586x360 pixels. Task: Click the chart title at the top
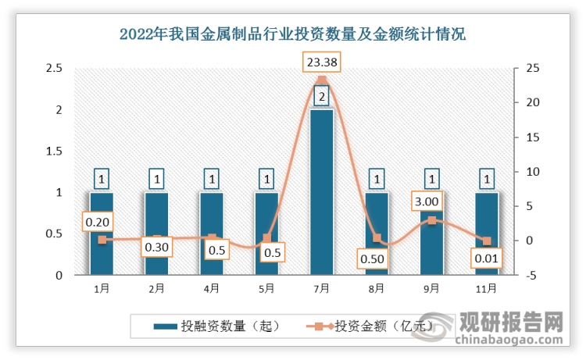point(292,34)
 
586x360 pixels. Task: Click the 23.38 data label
point(321,62)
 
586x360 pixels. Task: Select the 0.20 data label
point(102,223)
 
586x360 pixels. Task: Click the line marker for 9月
point(431,220)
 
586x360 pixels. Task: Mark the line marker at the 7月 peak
point(321,80)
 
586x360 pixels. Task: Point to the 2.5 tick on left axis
point(55,69)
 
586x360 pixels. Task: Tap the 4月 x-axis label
point(211,288)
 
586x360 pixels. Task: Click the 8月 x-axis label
point(376,288)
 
